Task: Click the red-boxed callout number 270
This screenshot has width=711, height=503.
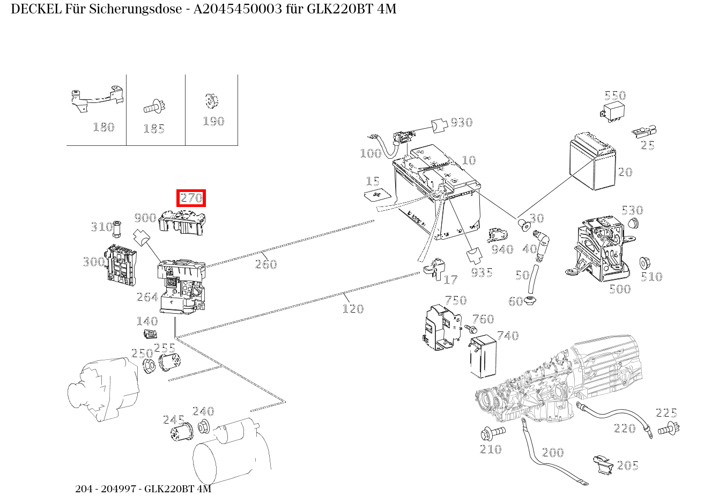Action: (191, 198)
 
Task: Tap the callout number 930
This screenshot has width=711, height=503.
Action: (461, 122)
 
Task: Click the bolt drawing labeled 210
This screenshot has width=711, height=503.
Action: (492, 431)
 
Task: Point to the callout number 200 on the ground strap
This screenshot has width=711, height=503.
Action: (552, 453)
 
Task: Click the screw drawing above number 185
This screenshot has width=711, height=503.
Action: (154, 106)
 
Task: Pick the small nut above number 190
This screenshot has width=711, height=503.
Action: (212, 101)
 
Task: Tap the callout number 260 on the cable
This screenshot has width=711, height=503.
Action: (266, 264)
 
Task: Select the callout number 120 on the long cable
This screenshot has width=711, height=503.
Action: (353, 308)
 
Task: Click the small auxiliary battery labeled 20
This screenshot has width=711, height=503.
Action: (592, 161)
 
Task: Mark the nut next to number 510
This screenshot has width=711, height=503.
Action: (646, 263)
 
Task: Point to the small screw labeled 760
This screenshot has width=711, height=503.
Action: (471, 327)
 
